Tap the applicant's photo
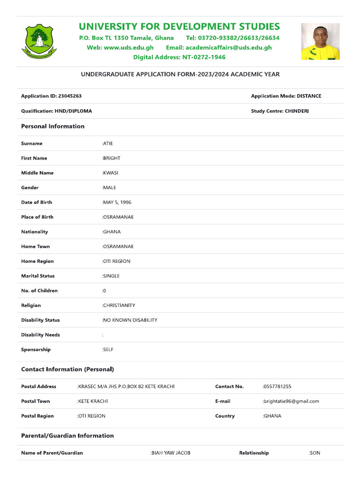pos(320,42)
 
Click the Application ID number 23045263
pos(70,96)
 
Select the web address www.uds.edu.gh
pos(128,47)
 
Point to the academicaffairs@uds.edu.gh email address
pos(229,47)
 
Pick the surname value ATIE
pos(108,143)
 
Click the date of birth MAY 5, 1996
pos(117,202)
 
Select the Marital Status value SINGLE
pos(111,276)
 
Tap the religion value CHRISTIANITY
pos(119,306)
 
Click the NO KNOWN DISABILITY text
pos(130,320)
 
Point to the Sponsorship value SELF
pos(108,350)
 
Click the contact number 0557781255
pos(277,387)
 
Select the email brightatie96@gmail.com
pos(291,401)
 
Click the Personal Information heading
pos(53,126)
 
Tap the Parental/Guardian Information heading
pos(67,435)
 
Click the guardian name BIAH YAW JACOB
pos(171,453)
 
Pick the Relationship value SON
pos(315,453)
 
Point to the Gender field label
pos(30,187)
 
